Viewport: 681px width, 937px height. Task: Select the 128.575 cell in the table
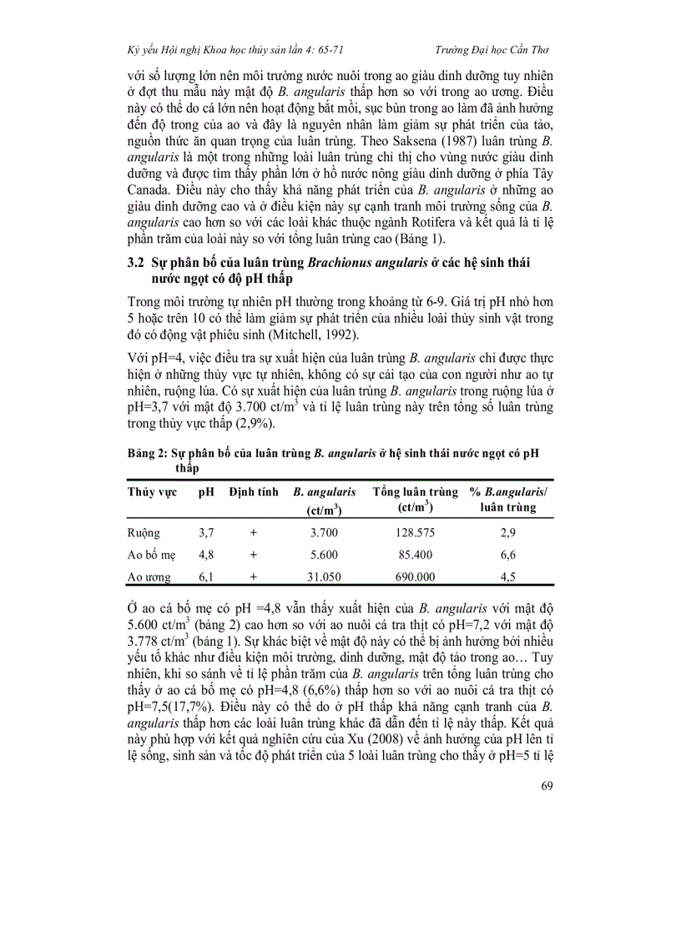pyautogui.click(x=415, y=532)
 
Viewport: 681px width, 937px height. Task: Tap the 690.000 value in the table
pyautogui.click(x=415, y=577)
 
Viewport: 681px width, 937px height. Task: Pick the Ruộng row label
pyautogui.click(x=144, y=532)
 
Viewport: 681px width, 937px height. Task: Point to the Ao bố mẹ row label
pyautogui.click(x=151, y=554)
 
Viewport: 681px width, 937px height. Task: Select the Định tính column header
pyautogui.click(x=253, y=492)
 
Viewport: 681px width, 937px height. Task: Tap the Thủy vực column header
pyautogui.click(x=152, y=492)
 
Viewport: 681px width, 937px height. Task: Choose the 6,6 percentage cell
pyautogui.click(x=507, y=554)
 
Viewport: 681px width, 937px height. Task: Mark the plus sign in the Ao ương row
pyautogui.click(x=253, y=577)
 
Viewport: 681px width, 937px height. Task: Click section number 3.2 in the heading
pyautogui.click(x=137, y=261)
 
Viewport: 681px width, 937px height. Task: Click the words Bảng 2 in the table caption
pyautogui.click(x=147, y=453)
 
